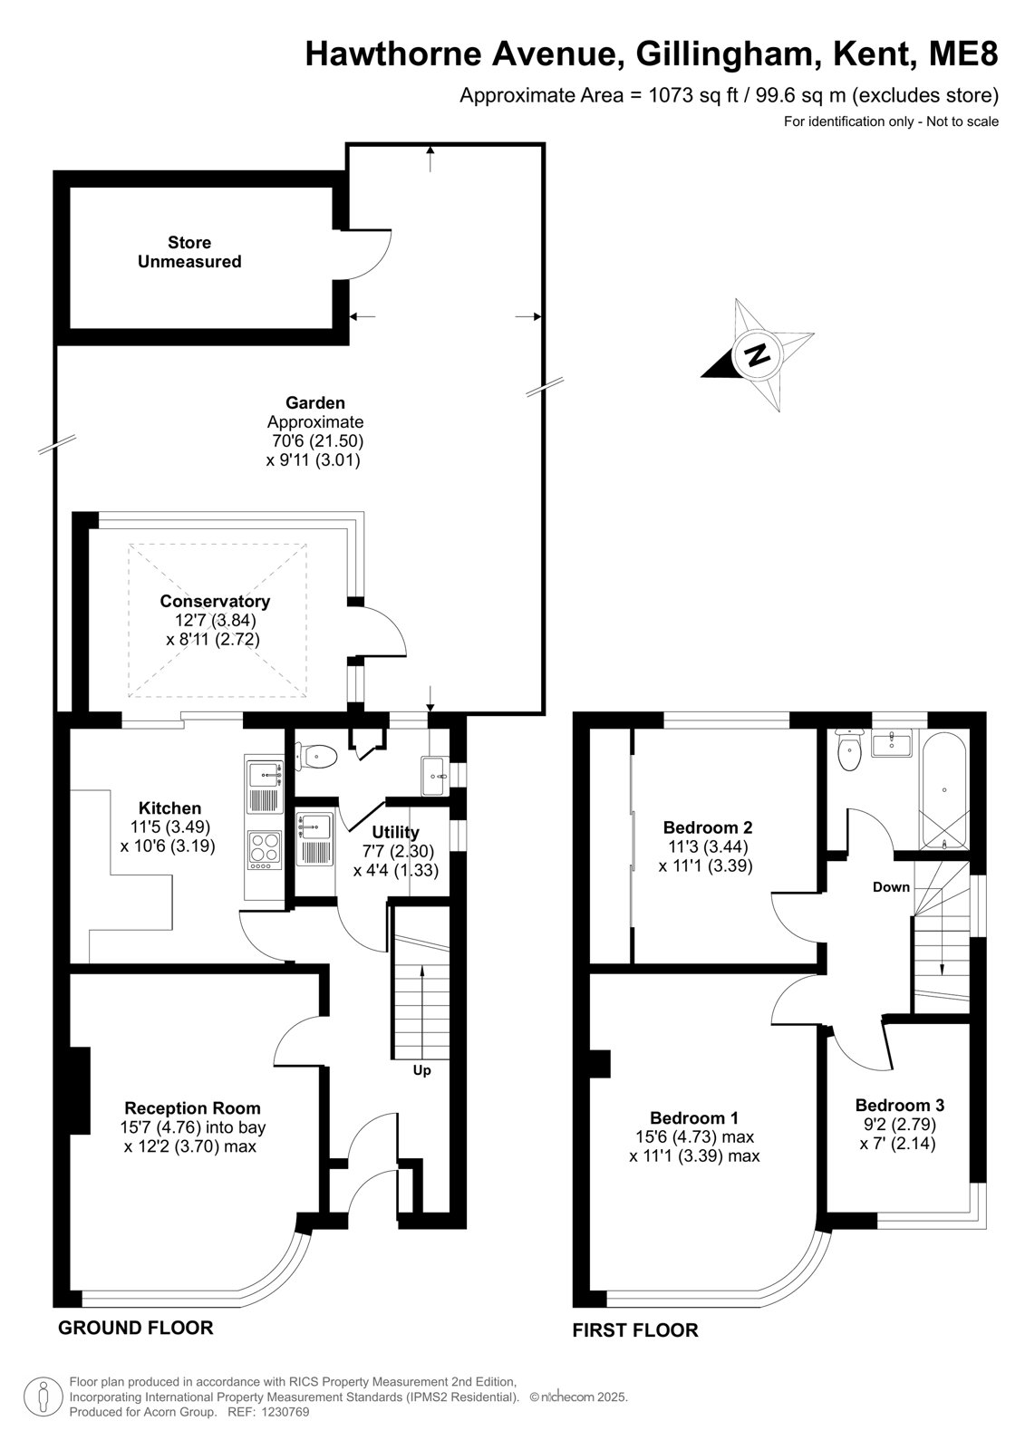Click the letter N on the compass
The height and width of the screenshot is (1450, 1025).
coord(757,353)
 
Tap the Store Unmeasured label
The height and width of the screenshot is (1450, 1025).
coord(189,252)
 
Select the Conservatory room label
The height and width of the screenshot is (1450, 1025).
coord(214,601)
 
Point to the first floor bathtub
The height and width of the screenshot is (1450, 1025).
coord(944,789)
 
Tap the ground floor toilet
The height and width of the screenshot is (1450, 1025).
coord(316,756)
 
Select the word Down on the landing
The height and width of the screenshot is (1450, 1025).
coord(891,886)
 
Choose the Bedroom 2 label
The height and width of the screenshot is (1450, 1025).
coord(708,826)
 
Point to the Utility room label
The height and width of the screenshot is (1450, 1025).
coord(396,832)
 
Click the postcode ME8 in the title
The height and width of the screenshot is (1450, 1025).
coord(963,53)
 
